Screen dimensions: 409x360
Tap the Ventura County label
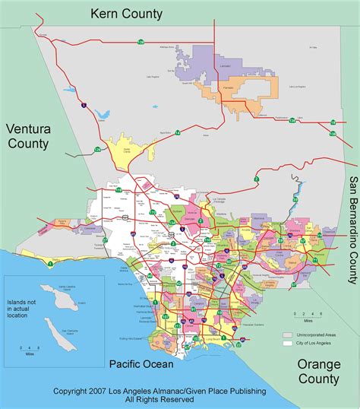(28, 135)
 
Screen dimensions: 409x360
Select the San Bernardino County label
(352, 228)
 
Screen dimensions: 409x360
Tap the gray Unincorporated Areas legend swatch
(287, 334)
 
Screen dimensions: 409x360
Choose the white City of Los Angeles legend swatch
(287, 344)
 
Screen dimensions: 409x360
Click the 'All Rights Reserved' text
(159, 400)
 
